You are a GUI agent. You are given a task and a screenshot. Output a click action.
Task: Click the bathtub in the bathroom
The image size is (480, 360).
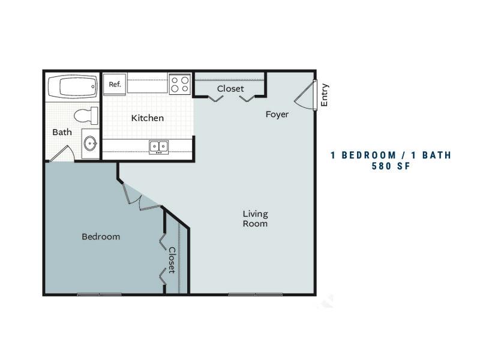[x=73, y=86]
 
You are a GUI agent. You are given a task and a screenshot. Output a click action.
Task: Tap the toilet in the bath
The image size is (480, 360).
[x=86, y=116]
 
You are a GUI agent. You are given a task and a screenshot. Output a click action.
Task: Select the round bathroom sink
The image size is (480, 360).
[x=91, y=143]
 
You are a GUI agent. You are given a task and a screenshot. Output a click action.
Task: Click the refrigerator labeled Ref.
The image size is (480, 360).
[x=115, y=84]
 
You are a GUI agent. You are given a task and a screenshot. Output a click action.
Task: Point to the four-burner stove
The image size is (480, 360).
[x=180, y=84]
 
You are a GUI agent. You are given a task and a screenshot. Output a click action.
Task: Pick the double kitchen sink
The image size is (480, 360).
[x=158, y=147]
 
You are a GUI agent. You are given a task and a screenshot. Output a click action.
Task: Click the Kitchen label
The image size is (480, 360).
[x=147, y=118]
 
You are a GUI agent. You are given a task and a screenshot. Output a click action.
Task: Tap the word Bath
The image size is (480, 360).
[x=62, y=132]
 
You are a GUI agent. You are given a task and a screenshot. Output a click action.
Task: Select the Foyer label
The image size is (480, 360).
[x=277, y=115]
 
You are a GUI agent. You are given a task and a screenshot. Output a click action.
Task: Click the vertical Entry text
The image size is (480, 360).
[x=324, y=95]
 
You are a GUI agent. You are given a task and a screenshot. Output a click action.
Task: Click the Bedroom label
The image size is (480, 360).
[x=101, y=236]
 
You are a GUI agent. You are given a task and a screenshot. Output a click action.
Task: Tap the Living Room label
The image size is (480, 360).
[x=256, y=218]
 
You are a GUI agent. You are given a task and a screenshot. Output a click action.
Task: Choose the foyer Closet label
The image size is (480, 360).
[x=230, y=89]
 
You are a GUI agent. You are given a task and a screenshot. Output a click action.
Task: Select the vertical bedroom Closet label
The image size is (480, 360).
[x=172, y=260]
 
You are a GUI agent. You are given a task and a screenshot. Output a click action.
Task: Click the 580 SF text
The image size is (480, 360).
[x=391, y=166]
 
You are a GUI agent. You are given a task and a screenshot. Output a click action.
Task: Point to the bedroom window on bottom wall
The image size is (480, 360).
[x=99, y=295]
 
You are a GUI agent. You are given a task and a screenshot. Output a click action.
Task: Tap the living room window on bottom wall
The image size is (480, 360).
[x=256, y=295]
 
